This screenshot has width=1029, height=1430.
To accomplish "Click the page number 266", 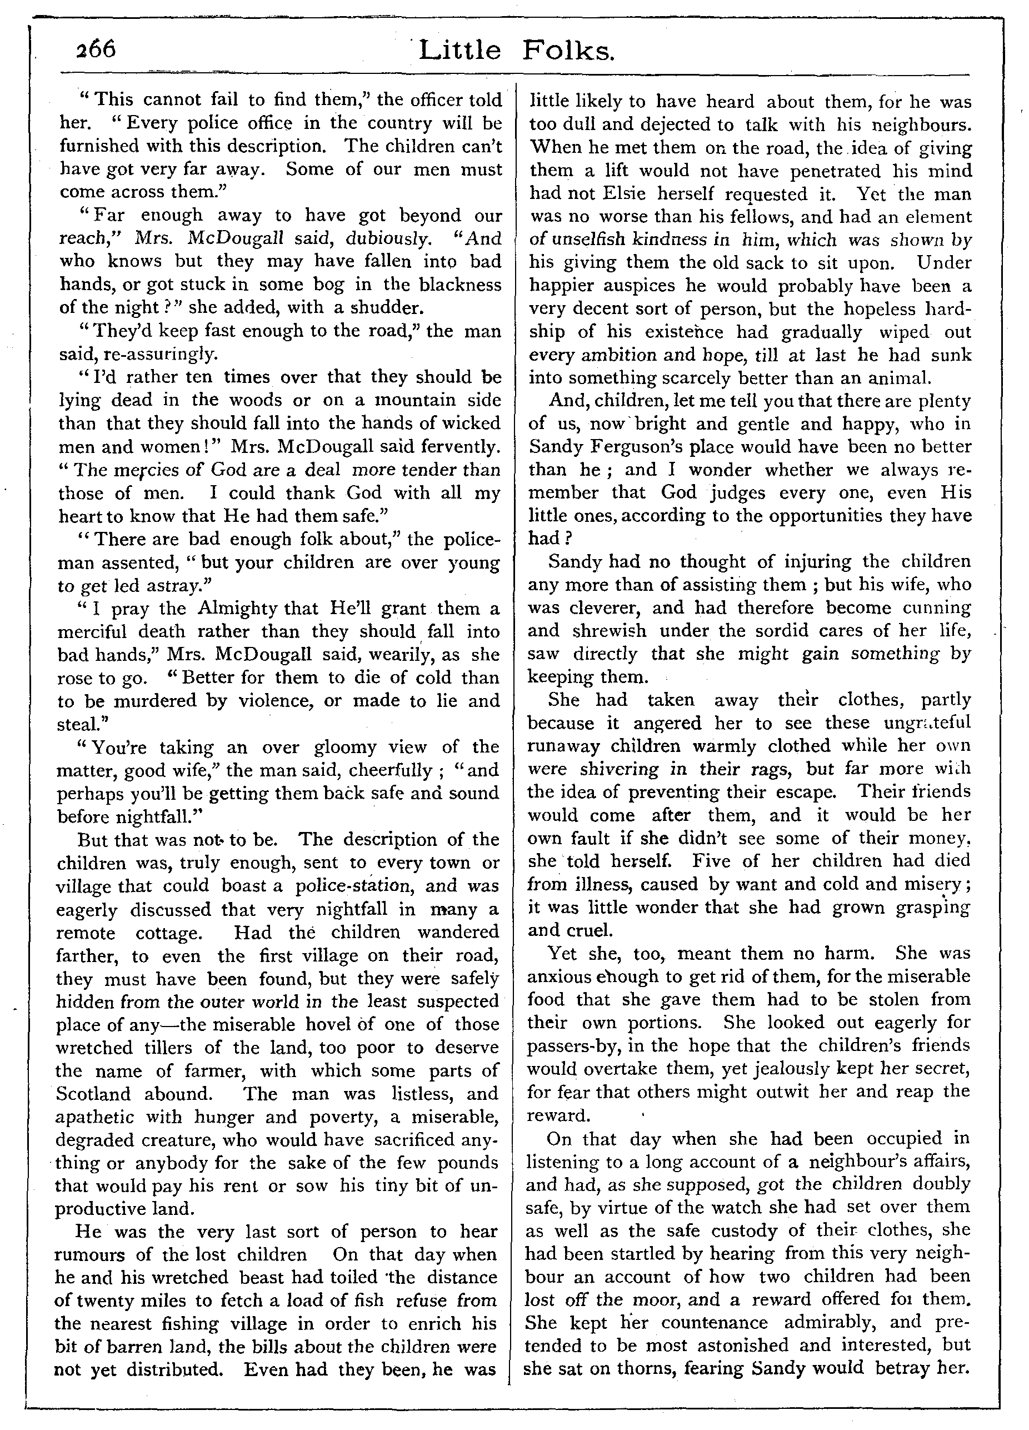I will tap(96, 49).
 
